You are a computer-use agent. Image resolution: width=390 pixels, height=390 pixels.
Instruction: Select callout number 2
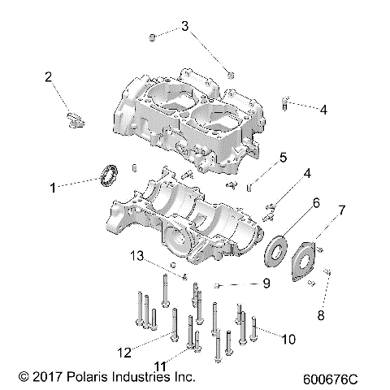(49, 77)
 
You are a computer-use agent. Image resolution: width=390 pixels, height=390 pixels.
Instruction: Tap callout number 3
(184, 27)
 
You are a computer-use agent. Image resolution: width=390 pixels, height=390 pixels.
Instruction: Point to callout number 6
(314, 201)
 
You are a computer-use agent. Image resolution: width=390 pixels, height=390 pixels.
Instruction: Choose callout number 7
(341, 210)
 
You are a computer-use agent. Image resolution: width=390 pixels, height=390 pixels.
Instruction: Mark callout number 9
(265, 284)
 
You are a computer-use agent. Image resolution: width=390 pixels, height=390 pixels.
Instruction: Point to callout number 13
(138, 257)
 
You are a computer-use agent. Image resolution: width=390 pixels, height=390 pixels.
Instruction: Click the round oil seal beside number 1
(108, 175)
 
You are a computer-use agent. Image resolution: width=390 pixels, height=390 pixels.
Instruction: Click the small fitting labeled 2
(72, 120)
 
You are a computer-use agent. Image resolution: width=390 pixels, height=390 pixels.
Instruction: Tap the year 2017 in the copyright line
(45, 377)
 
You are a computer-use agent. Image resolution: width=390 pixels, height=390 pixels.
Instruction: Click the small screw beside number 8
(327, 272)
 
